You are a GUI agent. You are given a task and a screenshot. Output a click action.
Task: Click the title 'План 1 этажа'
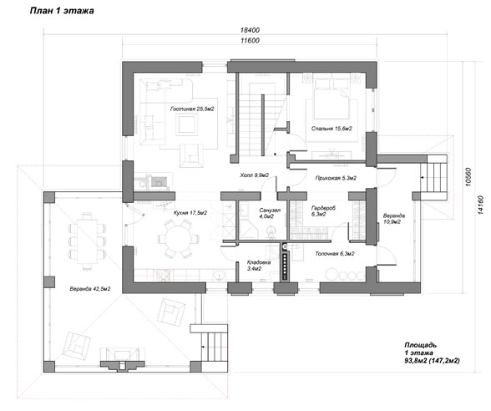(x=62, y=11)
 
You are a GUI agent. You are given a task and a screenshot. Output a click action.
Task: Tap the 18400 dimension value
(x=250, y=30)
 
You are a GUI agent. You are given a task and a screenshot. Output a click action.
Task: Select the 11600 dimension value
(x=250, y=40)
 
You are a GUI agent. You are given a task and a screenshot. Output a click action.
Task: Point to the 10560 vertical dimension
(x=468, y=177)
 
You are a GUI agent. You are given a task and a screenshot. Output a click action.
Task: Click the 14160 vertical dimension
(x=481, y=205)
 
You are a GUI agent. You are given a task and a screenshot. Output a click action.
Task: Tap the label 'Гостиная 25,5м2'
(x=192, y=109)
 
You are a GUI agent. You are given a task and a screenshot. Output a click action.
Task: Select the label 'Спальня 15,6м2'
(x=332, y=129)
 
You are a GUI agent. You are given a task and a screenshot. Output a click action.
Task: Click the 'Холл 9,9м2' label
(x=255, y=175)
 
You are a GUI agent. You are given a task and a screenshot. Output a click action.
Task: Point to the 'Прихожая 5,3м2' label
(x=336, y=178)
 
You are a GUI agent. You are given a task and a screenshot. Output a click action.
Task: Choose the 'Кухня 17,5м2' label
(x=190, y=213)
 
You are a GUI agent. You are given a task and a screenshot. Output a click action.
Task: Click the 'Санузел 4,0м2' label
(x=270, y=213)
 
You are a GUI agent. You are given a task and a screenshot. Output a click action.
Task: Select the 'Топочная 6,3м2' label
(x=334, y=254)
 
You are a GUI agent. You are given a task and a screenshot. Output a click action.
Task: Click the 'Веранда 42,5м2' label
(x=90, y=289)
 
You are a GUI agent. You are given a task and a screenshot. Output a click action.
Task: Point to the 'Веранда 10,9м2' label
(x=393, y=219)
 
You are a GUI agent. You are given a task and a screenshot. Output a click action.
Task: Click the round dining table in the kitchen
(x=178, y=239)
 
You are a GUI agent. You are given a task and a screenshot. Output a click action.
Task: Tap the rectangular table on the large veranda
(x=87, y=241)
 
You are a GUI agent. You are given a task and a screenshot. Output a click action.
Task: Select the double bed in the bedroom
(x=332, y=98)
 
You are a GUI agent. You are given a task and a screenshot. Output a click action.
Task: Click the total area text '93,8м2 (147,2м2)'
(x=432, y=361)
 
